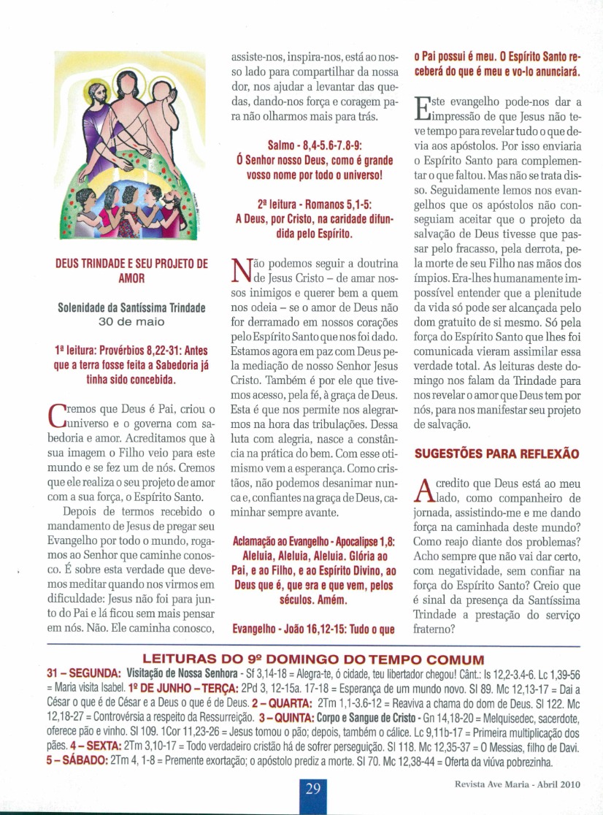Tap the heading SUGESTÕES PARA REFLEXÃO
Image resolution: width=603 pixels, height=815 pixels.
(496, 454)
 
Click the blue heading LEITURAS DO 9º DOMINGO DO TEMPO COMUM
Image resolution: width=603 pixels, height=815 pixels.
(301, 657)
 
